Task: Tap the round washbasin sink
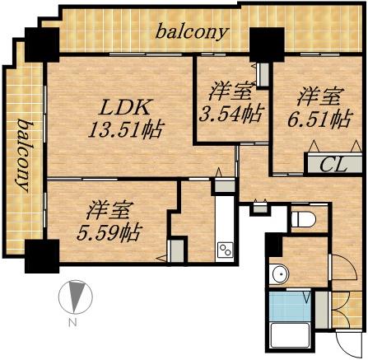[282, 274]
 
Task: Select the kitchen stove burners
[225, 249]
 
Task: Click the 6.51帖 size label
[316, 121]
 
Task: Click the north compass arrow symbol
[75, 295]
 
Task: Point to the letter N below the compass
[72, 322]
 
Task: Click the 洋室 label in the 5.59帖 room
[108, 208]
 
